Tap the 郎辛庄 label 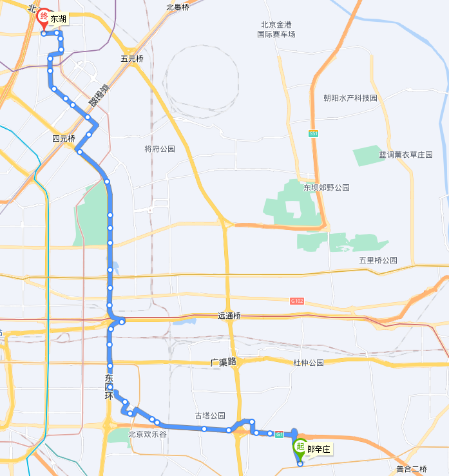tap(318, 449)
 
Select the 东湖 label tap(58, 19)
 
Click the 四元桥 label tap(64, 138)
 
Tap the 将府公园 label tap(160, 149)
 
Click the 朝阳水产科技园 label tap(350, 98)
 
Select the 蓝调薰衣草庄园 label tap(406, 155)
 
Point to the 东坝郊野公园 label tap(327, 187)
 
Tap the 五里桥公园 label tap(378, 260)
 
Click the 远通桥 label tap(229, 316)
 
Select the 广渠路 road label tap(224, 362)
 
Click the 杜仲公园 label tap(308, 363)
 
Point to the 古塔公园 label tap(210, 415)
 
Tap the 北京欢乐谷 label tap(148, 434)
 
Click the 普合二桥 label tap(412, 469)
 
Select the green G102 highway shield tap(297, 301)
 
